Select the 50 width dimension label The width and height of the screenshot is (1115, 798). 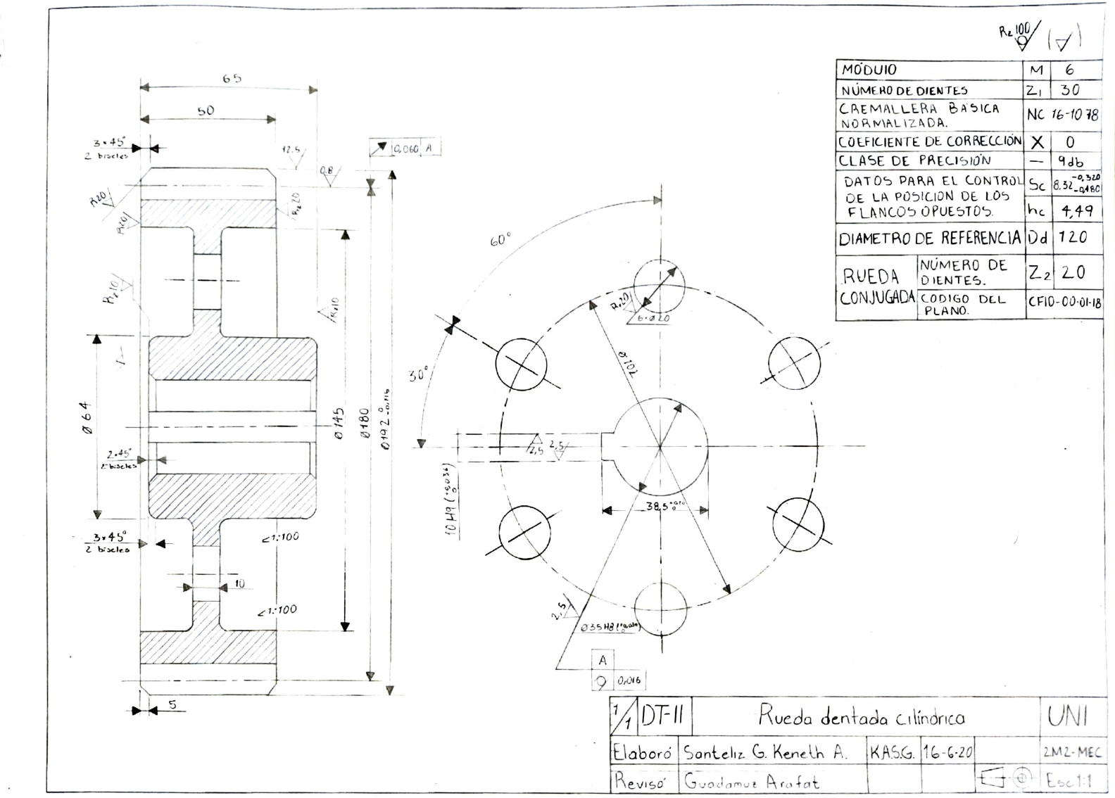pos(206,110)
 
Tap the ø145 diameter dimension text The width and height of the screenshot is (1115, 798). pos(339,422)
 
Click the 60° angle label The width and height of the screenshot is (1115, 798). pos(500,241)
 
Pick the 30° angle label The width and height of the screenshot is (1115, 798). pos(418,374)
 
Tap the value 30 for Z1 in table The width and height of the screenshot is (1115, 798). pos(1070,90)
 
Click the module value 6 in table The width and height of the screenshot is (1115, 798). pos(1069,70)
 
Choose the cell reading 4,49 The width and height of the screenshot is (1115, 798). pos(1076,209)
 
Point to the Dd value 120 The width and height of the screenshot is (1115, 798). pos(1073,237)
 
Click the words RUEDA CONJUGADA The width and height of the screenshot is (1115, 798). pos(876,286)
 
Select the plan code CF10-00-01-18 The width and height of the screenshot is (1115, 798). pos(1064,303)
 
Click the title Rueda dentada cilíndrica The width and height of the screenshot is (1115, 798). pos(861,717)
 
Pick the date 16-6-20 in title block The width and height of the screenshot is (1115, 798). pos(947,752)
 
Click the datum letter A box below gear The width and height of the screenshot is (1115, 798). pos(603,660)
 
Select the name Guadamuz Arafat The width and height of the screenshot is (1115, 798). pos(751,781)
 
